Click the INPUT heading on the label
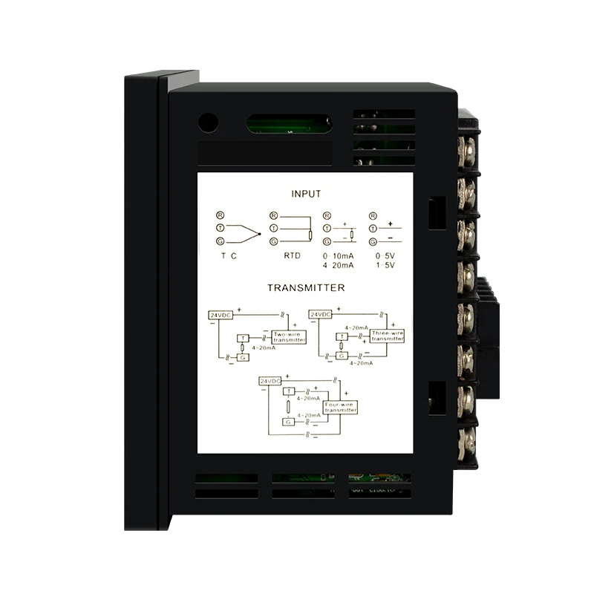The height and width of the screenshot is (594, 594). (x=306, y=194)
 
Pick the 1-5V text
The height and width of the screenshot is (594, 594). (x=384, y=265)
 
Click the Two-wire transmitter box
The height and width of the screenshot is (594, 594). (x=289, y=336)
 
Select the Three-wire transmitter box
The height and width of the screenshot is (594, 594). (x=386, y=336)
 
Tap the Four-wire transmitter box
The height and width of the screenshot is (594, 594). (x=341, y=407)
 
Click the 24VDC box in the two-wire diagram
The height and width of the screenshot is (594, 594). (x=220, y=315)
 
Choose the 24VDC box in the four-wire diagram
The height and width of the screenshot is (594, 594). (x=270, y=381)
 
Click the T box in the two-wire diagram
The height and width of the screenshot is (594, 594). (x=241, y=339)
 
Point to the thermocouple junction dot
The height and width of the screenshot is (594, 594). (x=258, y=234)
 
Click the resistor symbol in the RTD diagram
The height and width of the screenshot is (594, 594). (x=310, y=236)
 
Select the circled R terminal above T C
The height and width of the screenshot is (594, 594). (x=220, y=215)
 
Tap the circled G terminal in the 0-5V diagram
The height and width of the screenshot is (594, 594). (x=371, y=241)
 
